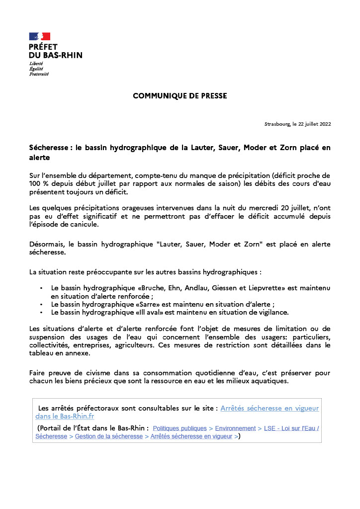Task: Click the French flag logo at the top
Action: (x=40, y=36)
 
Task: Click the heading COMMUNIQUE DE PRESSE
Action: (x=180, y=96)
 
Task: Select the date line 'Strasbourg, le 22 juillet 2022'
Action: (x=297, y=124)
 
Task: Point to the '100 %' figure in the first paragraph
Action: (x=39, y=183)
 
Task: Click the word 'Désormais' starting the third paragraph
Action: (x=46, y=244)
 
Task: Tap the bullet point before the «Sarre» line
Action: (x=41, y=304)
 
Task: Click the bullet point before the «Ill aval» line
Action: (x=41, y=312)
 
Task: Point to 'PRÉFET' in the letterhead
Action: (x=43, y=46)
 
